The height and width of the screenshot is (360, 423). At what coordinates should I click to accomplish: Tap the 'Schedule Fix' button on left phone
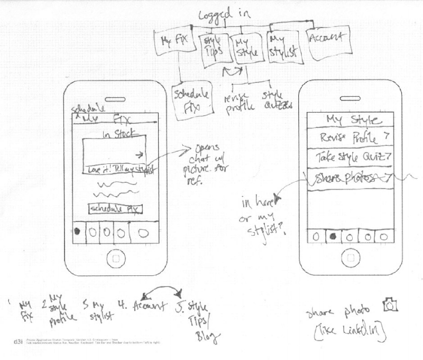(x=116, y=209)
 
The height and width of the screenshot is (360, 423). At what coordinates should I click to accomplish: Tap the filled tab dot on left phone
(x=77, y=232)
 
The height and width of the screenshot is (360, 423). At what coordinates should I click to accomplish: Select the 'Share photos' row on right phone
(x=348, y=178)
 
